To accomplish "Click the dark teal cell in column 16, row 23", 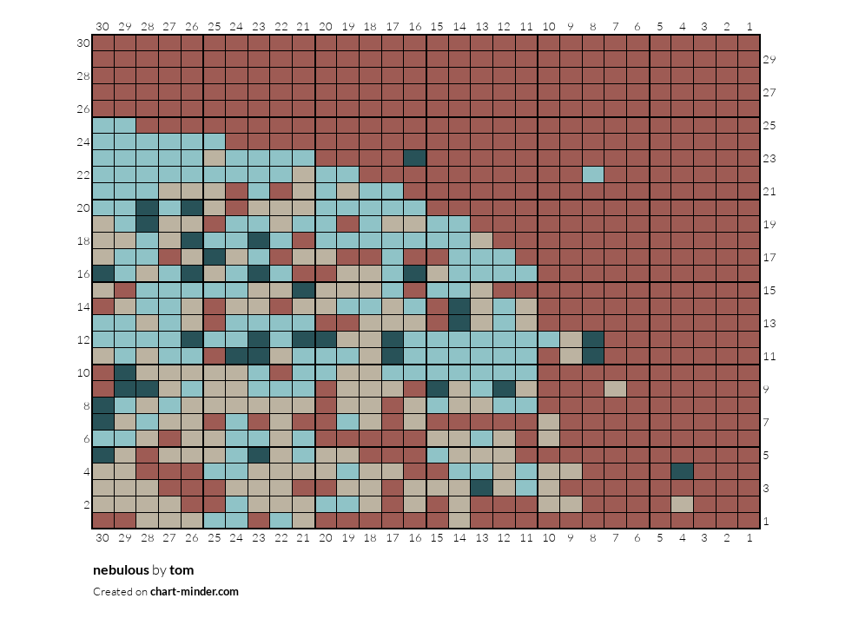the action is [415, 158].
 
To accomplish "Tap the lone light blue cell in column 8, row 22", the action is [593, 174].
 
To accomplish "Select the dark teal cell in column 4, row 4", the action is [683, 471].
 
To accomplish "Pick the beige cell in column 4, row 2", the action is [683, 504].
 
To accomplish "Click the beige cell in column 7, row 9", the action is [616, 389].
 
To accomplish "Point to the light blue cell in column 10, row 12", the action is [549, 339].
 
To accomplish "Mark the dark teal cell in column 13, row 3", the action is [482, 488].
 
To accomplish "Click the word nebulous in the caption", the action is [121, 570].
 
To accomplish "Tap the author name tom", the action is [182, 570].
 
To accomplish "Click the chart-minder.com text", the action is [195, 591].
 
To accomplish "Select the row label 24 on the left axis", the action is [83, 141].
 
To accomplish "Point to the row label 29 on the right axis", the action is [769, 59].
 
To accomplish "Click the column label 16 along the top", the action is [415, 26].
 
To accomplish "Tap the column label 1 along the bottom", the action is [750, 537].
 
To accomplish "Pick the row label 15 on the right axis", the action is [769, 290].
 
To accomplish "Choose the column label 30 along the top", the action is [102, 26].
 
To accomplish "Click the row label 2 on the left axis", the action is [86, 504].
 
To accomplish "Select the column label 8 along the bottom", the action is [593, 537].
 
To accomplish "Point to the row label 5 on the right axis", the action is [766, 455].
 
